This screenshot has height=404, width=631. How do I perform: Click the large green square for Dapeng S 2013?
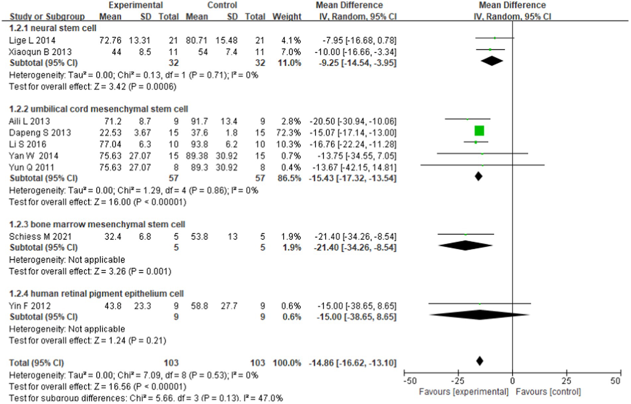coord(479,131)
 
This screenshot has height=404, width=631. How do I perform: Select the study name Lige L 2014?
coord(32,40)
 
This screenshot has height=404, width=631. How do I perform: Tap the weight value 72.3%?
coord(288,133)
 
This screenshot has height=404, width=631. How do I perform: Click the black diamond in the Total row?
coord(479,361)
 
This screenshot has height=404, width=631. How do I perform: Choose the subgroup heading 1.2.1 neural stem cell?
coord(53,28)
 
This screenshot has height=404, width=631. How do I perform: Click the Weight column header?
coord(287,17)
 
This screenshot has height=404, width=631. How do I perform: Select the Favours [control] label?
coord(548,392)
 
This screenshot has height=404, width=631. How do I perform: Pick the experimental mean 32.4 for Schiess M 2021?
coord(113,237)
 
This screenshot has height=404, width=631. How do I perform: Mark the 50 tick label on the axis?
coord(615,381)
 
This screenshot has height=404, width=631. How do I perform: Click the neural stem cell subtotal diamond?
coord(492,61)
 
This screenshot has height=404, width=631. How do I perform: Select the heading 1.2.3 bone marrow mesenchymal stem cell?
coord(97,224)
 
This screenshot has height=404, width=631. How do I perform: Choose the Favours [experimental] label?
coord(463,392)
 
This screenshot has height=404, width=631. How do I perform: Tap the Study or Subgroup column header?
coord(47,17)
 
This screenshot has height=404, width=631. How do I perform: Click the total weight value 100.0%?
coord(287,363)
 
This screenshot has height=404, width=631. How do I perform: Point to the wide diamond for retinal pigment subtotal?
coord(479,315)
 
